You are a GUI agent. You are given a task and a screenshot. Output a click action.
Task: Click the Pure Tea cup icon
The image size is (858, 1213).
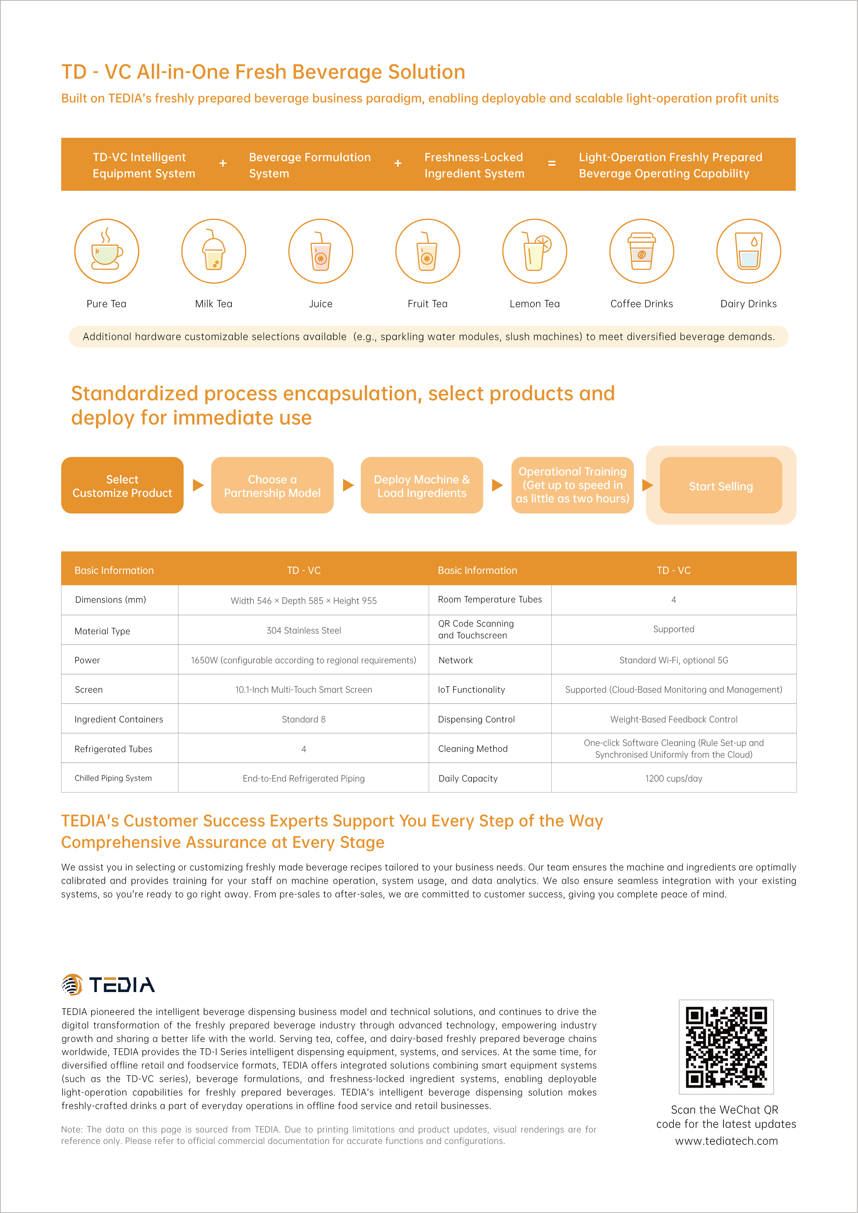click(107, 251)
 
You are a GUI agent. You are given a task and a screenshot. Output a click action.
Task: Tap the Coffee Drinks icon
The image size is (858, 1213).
click(642, 251)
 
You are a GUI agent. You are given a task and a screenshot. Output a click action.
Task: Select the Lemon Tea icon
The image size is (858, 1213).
click(535, 251)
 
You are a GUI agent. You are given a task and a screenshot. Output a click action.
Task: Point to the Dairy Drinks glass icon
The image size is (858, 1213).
click(749, 251)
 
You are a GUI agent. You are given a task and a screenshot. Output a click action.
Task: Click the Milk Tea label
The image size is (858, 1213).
click(213, 304)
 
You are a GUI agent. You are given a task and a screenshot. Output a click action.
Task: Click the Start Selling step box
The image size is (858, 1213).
click(721, 485)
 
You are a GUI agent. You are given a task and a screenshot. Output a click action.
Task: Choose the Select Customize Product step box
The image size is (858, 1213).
click(122, 485)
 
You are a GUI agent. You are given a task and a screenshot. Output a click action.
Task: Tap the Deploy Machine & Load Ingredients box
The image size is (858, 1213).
click(422, 485)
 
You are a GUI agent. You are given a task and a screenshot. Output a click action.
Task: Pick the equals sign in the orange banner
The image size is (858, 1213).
click(552, 164)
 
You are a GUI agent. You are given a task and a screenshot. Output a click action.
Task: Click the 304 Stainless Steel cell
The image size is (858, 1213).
click(304, 630)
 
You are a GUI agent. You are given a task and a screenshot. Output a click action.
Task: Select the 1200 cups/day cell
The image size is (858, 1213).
click(674, 778)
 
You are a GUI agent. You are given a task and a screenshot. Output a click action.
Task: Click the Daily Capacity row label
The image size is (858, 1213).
click(468, 778)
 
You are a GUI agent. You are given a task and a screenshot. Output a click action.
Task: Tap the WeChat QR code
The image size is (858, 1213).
click(726, 1047)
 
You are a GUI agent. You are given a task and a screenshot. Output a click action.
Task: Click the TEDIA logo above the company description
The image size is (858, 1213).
click(108, 985)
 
